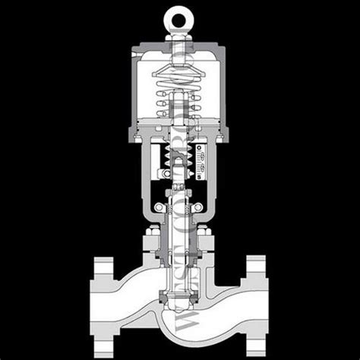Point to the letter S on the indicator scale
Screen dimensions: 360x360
[x=198, y=176]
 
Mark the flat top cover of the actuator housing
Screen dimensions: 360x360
[x=180, y=50]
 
